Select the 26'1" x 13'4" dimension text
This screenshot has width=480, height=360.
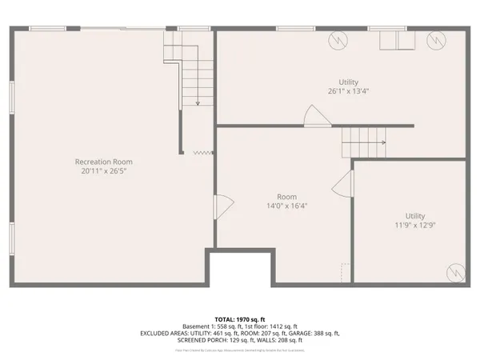(x=348, y=91)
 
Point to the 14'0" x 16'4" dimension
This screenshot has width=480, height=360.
(x=286, y=206)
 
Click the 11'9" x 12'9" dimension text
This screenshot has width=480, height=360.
(x=414, y=226)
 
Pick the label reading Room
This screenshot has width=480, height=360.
(x=286, y=196)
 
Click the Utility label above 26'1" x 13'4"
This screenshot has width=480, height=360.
(x=348, y=82)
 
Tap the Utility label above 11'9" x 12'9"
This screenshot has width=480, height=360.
(x=414, y=215)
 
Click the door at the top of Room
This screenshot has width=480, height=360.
(x=315, y=117)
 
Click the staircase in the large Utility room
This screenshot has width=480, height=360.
(x=364, y=145)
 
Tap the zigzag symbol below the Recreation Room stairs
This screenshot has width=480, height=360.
(x=202, y=152)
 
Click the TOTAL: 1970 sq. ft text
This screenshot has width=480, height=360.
(x=240, y=318)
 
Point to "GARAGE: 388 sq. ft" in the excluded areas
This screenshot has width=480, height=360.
(x=312, y=334)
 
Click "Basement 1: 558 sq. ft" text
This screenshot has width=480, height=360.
(x=210, y=326)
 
